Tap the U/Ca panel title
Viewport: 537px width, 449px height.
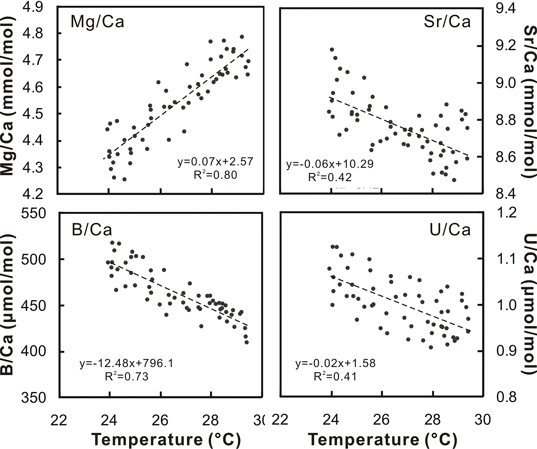[x=450, y=230]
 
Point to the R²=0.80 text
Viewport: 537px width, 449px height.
[x=215, y=175]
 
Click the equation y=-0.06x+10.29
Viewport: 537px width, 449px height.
[x=330, y=164]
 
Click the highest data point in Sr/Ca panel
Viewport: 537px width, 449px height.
[x=332, y=49]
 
